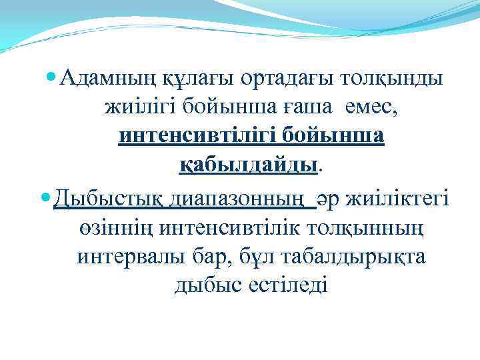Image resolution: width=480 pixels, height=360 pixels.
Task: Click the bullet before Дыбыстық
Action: pos(46,199)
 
